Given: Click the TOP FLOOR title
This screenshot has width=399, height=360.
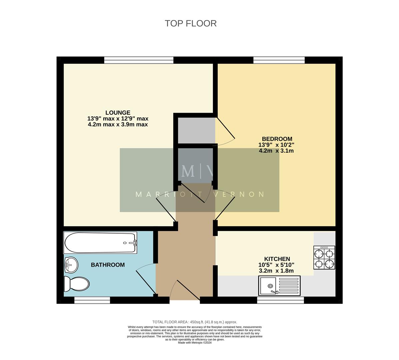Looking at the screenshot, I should [x=191, y=23].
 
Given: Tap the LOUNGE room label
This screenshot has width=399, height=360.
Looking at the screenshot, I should [x=118, y=113].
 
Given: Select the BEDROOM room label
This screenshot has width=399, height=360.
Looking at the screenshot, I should [x=277, y=139].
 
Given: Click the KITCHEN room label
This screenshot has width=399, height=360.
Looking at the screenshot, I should [x=277, y=259].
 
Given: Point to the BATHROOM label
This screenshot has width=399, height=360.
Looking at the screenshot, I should [x=108, y=265].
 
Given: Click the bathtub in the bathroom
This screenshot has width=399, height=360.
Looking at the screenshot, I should [x=100, y=243].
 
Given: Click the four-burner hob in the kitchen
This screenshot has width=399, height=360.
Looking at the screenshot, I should [x=324, y=258].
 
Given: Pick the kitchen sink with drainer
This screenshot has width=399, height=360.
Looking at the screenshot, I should [x=279, y=286].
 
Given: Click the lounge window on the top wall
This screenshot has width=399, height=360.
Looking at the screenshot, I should [x=139, y=60].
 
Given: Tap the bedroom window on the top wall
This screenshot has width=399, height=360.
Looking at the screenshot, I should [x=279, y=60].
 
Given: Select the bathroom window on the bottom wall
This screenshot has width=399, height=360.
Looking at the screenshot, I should [x=92, y=301].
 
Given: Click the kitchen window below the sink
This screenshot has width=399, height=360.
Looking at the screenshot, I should [x=280, y=301].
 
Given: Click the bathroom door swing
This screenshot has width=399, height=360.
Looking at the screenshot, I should [x=146, y=278].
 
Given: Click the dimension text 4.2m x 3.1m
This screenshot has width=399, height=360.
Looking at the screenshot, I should [x=276, y=151].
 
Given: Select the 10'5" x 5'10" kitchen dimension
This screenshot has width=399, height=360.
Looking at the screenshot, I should [x=276, y=265].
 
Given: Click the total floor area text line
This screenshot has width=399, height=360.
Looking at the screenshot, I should [x=195, y=322].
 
